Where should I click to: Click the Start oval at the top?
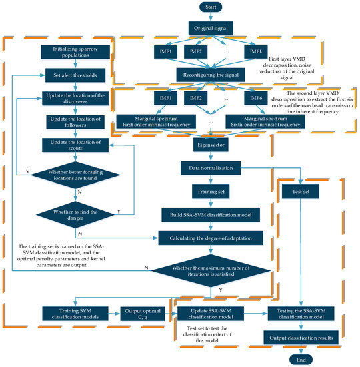point(211,9)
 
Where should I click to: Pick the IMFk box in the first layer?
point(261,52)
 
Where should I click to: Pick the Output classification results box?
point(301,338)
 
